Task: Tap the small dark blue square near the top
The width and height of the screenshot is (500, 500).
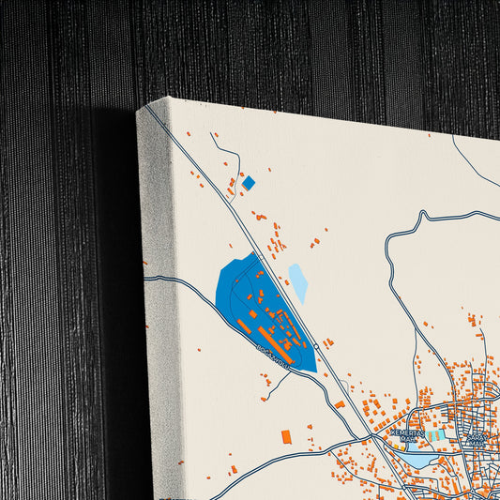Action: point(249,183)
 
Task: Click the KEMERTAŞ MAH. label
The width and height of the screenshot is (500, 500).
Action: point(409,435)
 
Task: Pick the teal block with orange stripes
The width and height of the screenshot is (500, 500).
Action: point(435,435)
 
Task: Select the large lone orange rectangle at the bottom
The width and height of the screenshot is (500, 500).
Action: point(286,435)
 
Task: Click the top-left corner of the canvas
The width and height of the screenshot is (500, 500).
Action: point(141,112)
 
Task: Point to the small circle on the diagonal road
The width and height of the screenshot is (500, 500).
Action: point(317,347)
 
